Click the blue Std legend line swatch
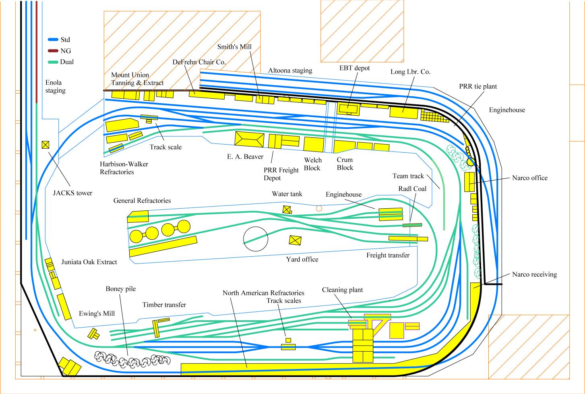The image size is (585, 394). pyautogui.click(x=53, y=40)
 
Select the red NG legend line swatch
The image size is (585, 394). pyautogui.click(x=53, y=51)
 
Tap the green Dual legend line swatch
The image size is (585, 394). pyautogui.click(x=53, y=62)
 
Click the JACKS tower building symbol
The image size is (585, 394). pyautogui.click(x=45, y=145)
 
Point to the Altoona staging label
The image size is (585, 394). pyautogui.click(x=290, y=71)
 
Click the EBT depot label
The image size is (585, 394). pyautogui.click(x=354, y=68)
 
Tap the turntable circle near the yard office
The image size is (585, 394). pyautogui.click(x=255, y=239)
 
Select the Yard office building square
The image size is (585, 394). pyautogui.click(x=295, y=241)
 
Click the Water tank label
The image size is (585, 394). pyautogui.click(x=287, y=194)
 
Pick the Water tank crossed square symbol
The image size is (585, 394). pyautogui.click(x=287, y=209)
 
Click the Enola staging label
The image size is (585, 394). pyautogui.click(x=56, y=87)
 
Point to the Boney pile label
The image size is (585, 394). pyautogui.click(x=121, y=289)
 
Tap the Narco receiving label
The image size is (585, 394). pyautogui.click(x=534, y=274)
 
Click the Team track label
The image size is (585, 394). pyautogui.click(x=408, y=176)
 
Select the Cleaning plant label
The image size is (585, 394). pyautogui.click(x=342, y=290)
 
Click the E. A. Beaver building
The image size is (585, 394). pyautogui.click(x=249, y=139)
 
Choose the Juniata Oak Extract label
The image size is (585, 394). pyautogui.click(x=89, y=262)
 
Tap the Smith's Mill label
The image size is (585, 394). pyautogui.click(x=234, y=47)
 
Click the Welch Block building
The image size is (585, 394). pyautogui.click(x=314, y=144)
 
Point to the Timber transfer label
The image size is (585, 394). pyautogui.click(x=164, y=305)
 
